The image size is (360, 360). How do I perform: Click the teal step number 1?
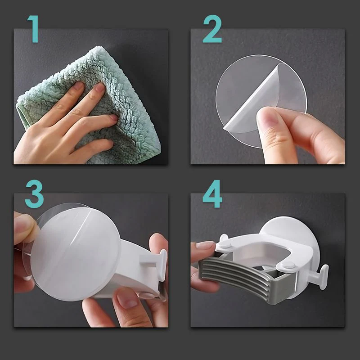point(33,29)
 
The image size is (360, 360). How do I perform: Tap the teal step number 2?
point(212,29)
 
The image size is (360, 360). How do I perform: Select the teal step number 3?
point(34,194)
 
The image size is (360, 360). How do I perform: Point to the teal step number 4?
point(212,194)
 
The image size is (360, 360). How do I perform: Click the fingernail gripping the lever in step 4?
point(205,245)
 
